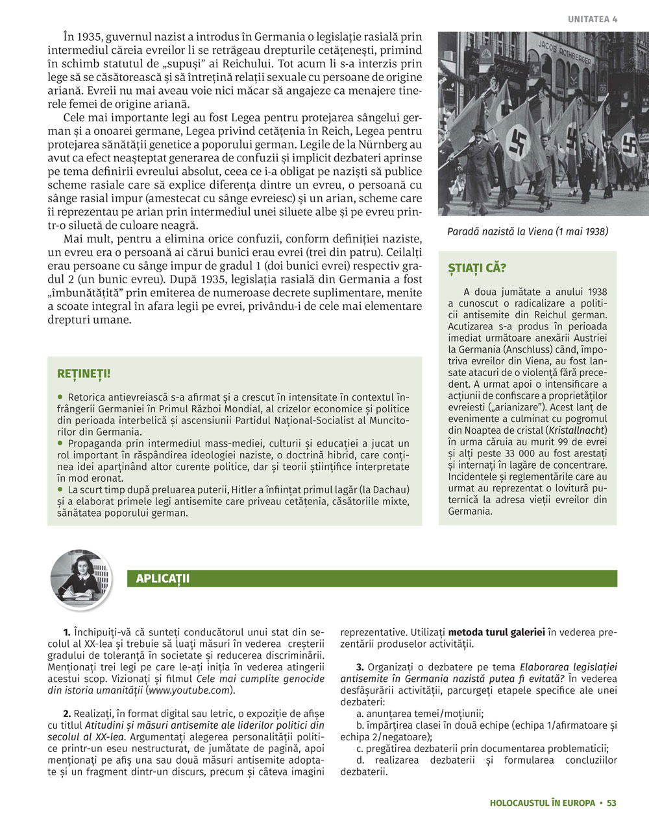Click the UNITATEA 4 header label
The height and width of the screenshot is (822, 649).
[x=593, y=19]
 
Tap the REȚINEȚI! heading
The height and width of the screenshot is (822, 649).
[x=84, y=374]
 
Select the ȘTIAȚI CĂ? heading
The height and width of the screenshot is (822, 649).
[x=477, y=268]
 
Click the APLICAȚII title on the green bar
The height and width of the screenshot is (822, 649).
[x=163, y=578]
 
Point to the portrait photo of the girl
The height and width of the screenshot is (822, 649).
[x=80, y=579]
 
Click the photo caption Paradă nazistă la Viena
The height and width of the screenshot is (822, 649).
[x=528, y=231]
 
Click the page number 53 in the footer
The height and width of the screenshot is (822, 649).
[x=611, y=803]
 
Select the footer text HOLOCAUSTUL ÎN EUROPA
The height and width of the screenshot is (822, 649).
[x=543, y=803]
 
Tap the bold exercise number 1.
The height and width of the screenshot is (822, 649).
[x=67, y=631]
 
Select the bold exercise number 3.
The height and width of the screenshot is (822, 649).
[x=360, y=667]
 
